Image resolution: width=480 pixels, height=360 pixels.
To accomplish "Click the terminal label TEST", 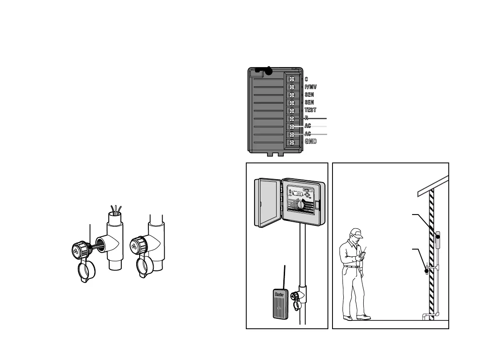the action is coord(310,110).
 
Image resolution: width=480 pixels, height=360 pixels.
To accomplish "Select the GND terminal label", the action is coord(310,142).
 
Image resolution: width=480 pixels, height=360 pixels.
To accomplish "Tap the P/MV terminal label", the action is coord(310,87).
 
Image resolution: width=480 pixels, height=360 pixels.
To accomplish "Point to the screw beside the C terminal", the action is coord(292,79).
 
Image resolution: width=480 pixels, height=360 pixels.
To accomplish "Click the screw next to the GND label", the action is coord(292,142).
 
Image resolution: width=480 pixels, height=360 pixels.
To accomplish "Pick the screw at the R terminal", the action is coord(292,118).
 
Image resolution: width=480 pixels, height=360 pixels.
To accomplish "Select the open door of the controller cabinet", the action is coord(269,203).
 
